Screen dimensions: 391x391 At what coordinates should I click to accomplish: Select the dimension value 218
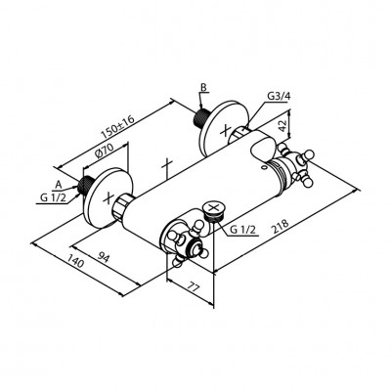(281, 227)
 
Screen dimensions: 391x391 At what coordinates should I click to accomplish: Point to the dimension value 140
(76, 261)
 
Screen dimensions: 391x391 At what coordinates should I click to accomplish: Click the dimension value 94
(104, 258)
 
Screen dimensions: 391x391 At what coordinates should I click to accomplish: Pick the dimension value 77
(194, 286)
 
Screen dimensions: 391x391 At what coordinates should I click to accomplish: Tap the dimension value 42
(282, 126)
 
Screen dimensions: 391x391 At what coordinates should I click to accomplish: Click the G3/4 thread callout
(278, 96)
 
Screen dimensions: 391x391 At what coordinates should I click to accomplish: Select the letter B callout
(203, 87)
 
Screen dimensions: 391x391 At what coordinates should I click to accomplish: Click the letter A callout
(58, 185)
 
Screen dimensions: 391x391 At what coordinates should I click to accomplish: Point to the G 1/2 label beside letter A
(53, 197)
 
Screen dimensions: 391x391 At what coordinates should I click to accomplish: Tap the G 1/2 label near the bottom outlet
(242, 230)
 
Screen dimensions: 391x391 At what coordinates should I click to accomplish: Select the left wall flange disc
(109, 197)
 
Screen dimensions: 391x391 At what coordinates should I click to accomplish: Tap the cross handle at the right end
(297, 164)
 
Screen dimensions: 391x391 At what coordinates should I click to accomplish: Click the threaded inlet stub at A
(86, 185)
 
